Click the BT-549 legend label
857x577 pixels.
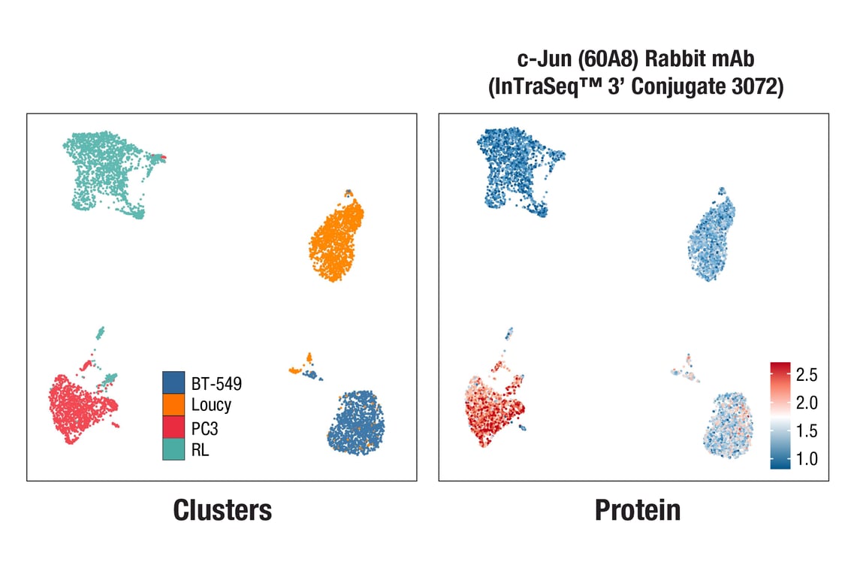pos(216,383)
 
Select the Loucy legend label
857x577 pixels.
pos(211,405)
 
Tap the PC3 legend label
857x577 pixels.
pos(205,427)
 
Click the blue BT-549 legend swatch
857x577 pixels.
pos(174,382)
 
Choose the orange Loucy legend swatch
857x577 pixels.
pos(174,405)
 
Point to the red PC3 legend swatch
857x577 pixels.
pos(174,427)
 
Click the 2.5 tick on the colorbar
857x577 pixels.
pos(807,374)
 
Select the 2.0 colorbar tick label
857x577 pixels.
pos(807,403)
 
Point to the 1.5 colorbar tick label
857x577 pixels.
pos(807,431)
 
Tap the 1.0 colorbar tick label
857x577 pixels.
pos(807,459)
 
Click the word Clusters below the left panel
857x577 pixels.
pos(222,510)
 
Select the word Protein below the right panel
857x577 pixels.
pos(638,510)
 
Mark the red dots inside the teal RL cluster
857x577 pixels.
pos(160,157)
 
